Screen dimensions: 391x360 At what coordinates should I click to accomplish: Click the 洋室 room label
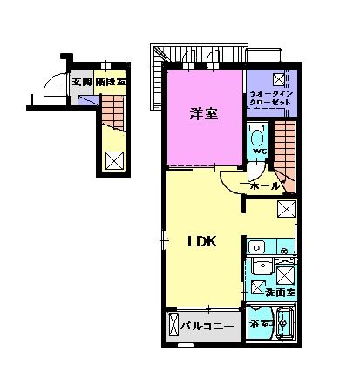[x=202, y=112]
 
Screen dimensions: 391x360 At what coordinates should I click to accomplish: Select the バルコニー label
[x=207, y=327]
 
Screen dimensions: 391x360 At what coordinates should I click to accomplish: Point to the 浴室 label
[x=260, y=325]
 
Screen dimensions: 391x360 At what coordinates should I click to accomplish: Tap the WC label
[x=257, y=151]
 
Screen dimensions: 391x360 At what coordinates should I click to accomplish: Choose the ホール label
[x=264, y=186]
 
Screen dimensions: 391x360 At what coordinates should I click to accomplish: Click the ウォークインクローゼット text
[x=271, y=94]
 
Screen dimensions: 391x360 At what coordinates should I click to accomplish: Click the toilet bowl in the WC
[x=257, y=137]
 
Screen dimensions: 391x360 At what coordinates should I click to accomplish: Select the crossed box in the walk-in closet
[x=289, y=78]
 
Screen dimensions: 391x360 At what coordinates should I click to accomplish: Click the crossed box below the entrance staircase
[x=112, y=159]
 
